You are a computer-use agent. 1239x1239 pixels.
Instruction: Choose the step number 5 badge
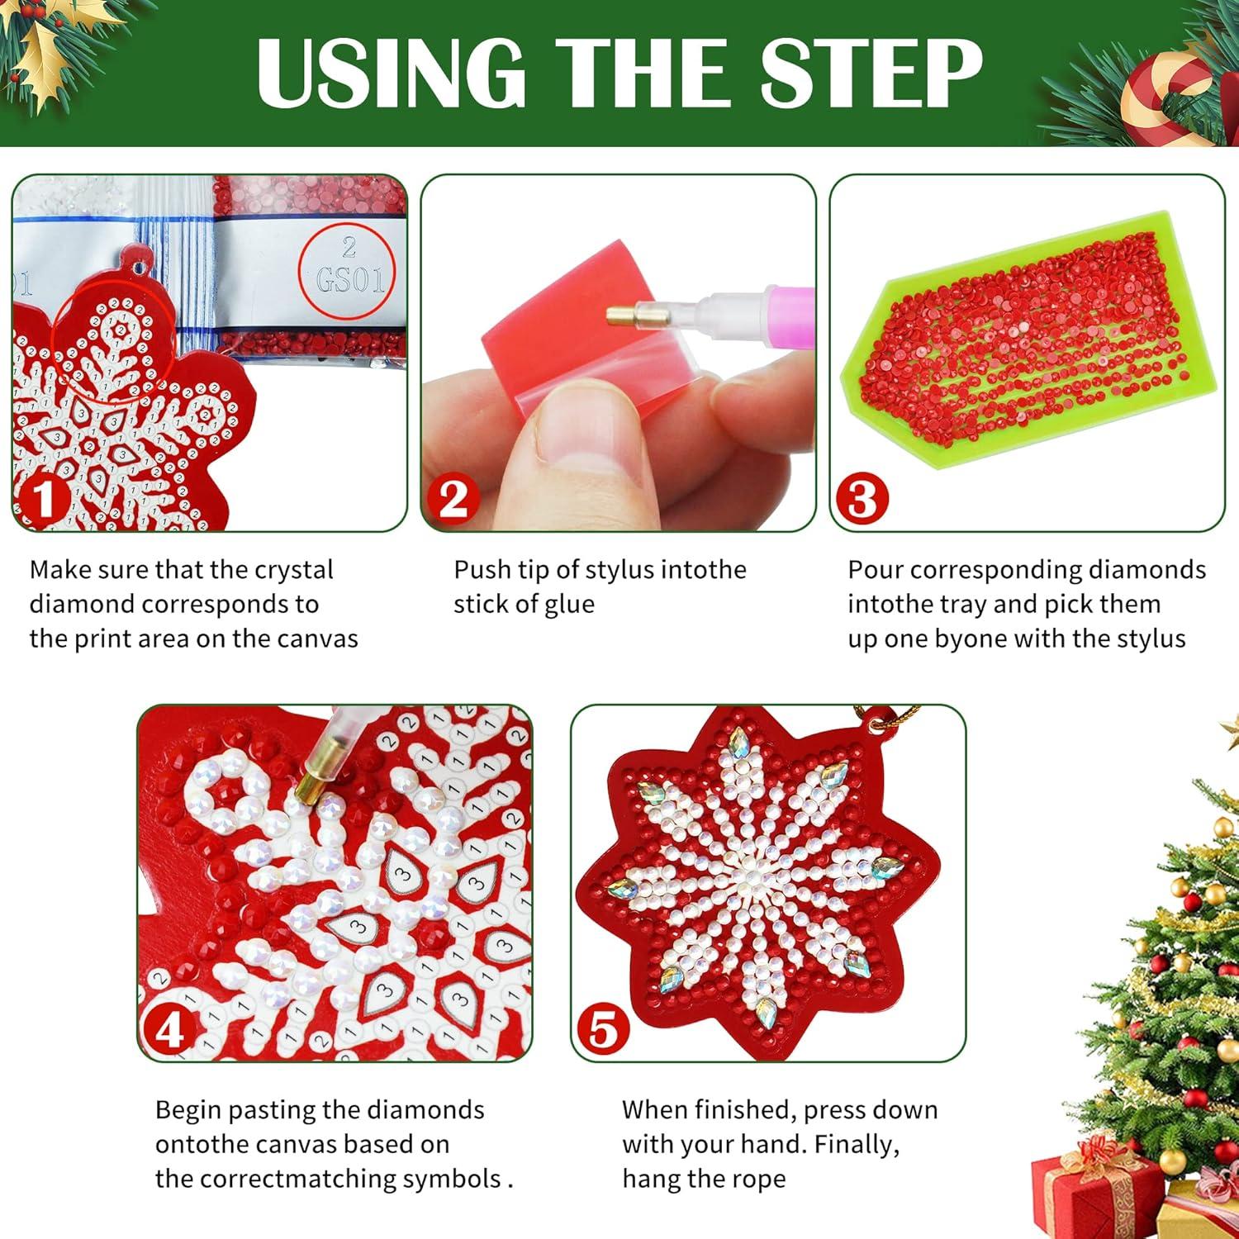[x=604, y=1030]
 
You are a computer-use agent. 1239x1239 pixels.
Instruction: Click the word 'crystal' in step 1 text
[x=294, y=570]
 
